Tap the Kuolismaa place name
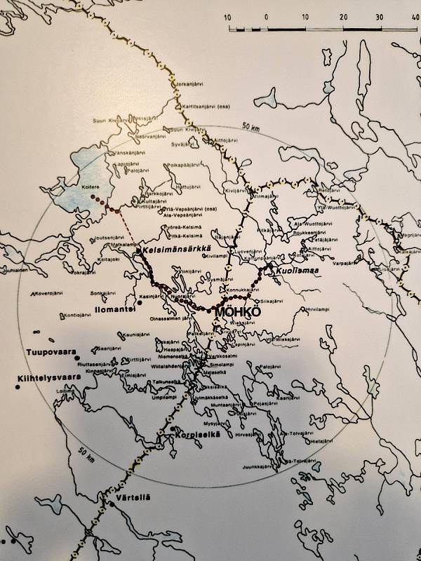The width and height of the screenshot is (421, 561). tap(288, 270)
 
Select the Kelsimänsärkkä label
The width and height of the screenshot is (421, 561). tap(173, 250)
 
